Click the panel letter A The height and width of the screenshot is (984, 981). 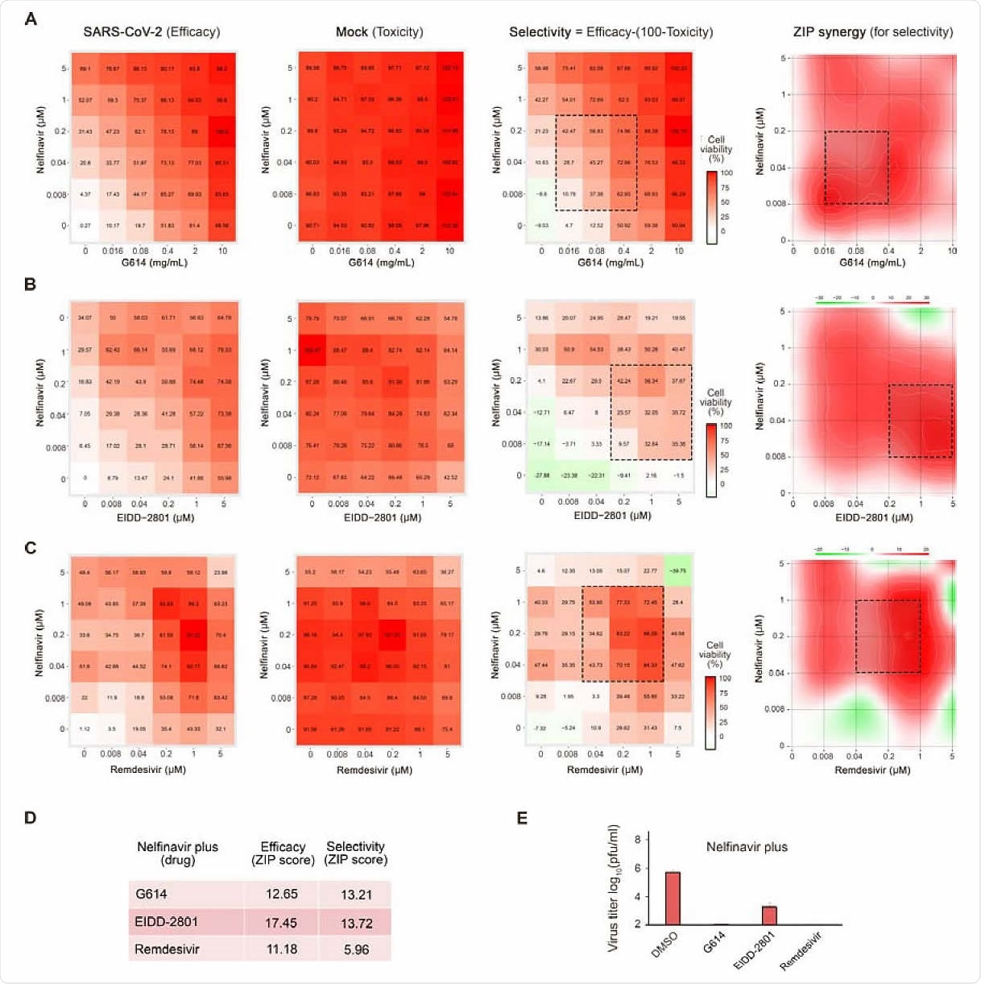[x=31, y=19]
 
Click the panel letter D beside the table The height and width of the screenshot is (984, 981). [x=30, y=818]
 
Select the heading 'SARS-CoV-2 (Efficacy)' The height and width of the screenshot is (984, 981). [x=151, y=32]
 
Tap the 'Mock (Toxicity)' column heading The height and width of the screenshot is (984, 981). [x=379, y=32]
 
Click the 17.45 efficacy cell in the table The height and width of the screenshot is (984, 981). [x=281, y=922]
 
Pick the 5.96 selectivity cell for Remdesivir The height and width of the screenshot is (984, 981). [x=356, y=949]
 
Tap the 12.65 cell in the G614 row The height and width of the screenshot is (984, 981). [x=281, y=894]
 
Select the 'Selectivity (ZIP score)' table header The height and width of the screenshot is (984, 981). [x=355, y=853]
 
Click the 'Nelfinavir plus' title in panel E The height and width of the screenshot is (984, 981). [x=747, y=847]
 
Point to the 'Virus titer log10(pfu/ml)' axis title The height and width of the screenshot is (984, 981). [x=615, y=887]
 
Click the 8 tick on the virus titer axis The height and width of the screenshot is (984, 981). [x=637, y=840]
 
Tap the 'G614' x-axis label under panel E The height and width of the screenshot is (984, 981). [x=714, y=941]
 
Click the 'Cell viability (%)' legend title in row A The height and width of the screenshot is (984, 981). [x=716, y=149]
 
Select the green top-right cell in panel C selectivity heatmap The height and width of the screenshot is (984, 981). [x=678, y=571]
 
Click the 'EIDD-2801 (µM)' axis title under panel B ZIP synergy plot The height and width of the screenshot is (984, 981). [x=873, y=517]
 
